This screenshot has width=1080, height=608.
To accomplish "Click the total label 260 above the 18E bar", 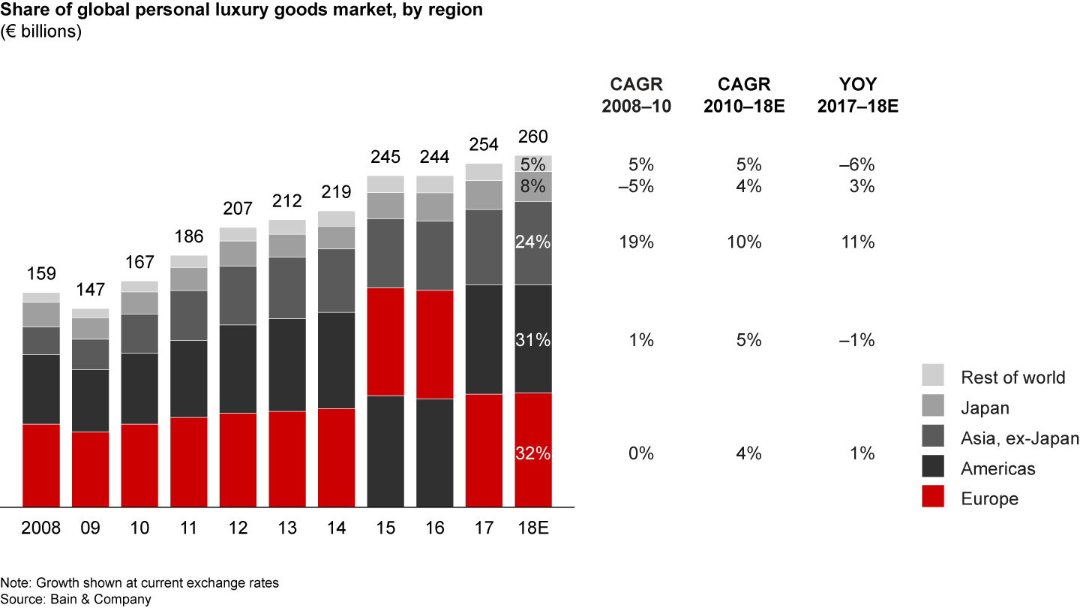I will [x=532, y=137].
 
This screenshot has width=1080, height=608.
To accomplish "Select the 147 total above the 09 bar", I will [x=90, y=290].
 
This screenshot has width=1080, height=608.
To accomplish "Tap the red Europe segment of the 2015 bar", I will [x=385, y=342].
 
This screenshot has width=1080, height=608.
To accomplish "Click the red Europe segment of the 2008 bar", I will [x=41, y=465].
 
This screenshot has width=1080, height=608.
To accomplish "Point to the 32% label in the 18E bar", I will [x=532, y=453].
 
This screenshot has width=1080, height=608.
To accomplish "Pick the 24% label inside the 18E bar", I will [x=532, y=242].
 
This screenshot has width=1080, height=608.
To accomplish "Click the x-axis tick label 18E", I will [x=532, y=528].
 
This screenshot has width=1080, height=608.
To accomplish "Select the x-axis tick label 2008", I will [x=41, y=528].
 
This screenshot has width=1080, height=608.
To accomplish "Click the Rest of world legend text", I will [x=1012, y=377].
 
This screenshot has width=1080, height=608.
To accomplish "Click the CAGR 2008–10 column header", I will [x=637, y=95].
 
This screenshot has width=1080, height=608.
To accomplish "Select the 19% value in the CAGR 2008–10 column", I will [x=638, y=242].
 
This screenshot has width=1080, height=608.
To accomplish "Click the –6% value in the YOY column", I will [x=858, y=165].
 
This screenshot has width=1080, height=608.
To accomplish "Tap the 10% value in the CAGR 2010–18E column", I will [x=747, y=242].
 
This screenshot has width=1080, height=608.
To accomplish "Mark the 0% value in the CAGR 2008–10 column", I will [x=641, y=453].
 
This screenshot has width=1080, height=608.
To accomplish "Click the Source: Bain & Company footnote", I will [x=76, y=599].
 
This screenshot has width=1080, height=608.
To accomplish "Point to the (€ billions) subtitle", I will [x=40, y=32].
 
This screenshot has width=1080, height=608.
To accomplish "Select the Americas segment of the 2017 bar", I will [x=484, y=339].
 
